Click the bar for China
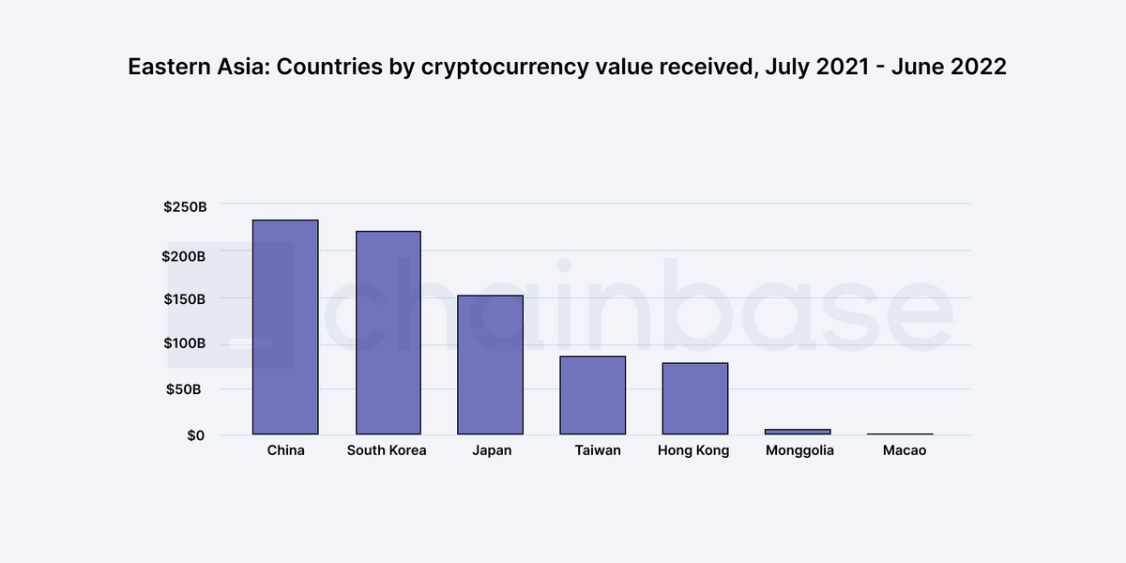285,327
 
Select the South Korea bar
388,333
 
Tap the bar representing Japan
490,365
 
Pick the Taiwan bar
593,395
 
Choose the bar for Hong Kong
695,399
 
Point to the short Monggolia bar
798,432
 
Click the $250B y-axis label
185,206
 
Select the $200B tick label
184,256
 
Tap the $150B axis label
185,299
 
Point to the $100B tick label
185,342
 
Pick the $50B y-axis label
184,389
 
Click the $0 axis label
195,435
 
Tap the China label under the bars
285,449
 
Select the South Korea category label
387,449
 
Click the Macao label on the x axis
905,449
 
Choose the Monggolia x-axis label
799,450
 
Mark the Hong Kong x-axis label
693,450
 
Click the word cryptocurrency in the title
505,68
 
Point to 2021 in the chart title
843,67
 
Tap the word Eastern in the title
169,67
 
